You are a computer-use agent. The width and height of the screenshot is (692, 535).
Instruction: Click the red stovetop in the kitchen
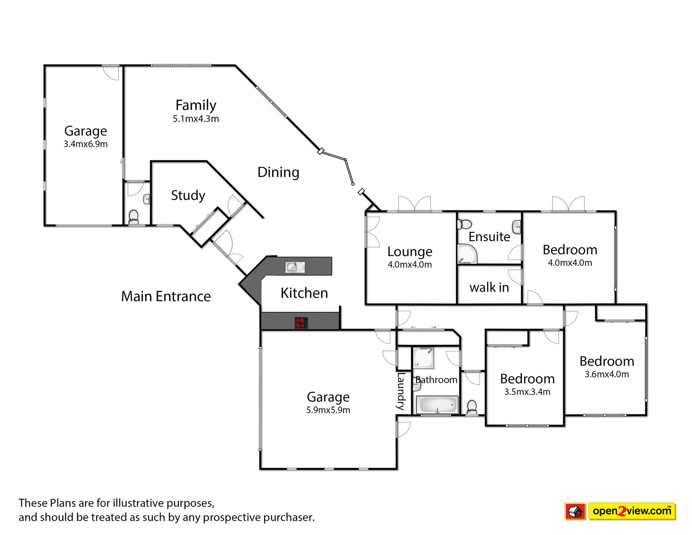301,323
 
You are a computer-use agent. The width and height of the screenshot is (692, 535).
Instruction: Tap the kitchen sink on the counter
295,267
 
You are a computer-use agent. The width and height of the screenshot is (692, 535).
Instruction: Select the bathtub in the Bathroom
437,405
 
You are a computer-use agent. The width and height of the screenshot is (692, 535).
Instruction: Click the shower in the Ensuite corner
467,254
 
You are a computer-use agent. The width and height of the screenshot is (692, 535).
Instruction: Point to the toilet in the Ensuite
464,224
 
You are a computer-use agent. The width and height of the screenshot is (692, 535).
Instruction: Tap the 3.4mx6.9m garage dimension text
86,144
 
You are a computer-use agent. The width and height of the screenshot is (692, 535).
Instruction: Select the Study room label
188,195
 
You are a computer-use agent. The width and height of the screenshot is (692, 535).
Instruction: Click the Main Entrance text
166,296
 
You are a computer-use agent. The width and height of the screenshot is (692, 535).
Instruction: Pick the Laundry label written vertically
401,391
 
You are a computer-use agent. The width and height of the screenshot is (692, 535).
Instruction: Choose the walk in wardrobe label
489,288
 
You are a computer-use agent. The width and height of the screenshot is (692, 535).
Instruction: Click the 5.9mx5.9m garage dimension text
328,410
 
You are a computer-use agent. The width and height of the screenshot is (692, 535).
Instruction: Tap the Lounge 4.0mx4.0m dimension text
409,264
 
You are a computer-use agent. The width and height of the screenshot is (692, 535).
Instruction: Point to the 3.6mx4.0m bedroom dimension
606,374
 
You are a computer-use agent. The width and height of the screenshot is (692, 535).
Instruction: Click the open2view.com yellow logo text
632,511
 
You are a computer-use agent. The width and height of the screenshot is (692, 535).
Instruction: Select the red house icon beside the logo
575,511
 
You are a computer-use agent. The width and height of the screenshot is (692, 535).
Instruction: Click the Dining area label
278,173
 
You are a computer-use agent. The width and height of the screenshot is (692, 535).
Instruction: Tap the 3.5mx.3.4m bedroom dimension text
527,391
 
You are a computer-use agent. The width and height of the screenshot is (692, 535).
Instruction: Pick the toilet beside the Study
133,217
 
